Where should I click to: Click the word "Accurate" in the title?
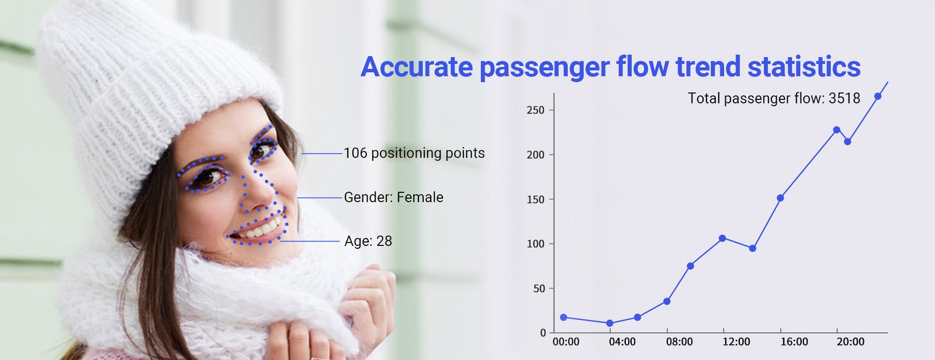[417, 67]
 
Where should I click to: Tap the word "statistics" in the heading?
[804, 67]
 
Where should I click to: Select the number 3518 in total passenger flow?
[844, 99]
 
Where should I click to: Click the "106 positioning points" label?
[414, 154]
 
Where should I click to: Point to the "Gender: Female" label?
[394, 197]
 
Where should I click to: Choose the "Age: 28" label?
[368, 241]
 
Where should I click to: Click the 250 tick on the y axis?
[535, 110]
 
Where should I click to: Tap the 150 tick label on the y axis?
[535, 200]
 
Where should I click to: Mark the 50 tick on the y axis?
[539, 289]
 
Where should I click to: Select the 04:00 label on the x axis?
[622, 342]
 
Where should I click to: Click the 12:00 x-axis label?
[736, 342]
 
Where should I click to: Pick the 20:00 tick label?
[850, 342]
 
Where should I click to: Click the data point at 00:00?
[563, 317]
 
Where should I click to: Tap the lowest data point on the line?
[610, 323]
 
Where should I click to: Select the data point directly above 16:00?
[780, 198]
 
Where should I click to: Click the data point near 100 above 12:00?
[722, 238]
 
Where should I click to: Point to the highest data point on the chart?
[878, 96]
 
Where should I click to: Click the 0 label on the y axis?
[543, 333]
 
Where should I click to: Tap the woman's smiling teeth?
[259, 230]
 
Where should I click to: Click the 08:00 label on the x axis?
[679, 342]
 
